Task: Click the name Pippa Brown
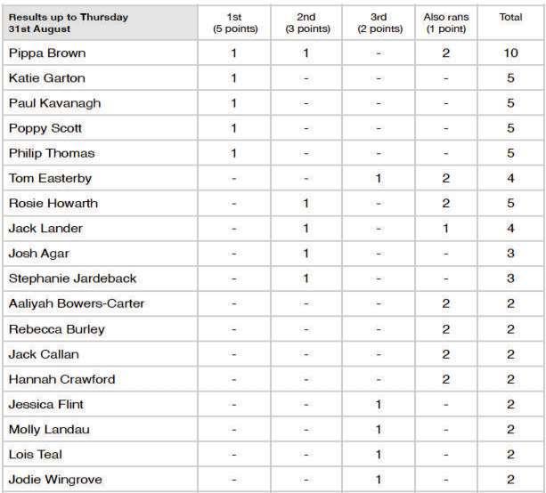pos(46,53)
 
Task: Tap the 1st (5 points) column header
pos(233,22)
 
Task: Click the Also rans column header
pos(445,22)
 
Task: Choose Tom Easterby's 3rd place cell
pos(379,179)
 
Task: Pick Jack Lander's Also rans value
pos(445,229)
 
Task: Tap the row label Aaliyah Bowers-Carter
pos(76,304)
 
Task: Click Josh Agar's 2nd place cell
pos(306,254)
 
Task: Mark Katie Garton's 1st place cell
pos(233,78)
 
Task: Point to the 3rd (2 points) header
pos(379,22)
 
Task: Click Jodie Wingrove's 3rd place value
pos(379,481)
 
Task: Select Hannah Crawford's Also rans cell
pos(445,380)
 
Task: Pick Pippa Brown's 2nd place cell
pos(306,53)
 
